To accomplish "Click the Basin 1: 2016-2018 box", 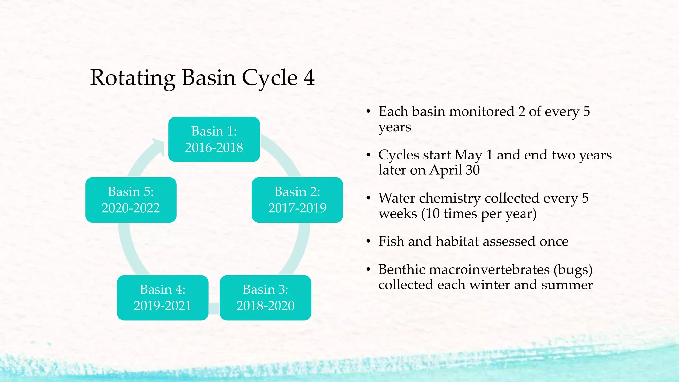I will [214, 139].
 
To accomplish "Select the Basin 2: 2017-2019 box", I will [297, 200].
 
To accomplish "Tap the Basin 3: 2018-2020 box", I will [265, 297].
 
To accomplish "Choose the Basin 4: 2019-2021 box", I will [162, 297].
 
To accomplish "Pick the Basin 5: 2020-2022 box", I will [131, 200].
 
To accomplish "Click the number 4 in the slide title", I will [309, 78].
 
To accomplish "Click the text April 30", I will [455, 170].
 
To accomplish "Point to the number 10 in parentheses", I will [432, 214].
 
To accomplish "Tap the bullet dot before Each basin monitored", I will [368, 112].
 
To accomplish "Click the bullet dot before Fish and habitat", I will [368, 241].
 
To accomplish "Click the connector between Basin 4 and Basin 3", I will [214, 308].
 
